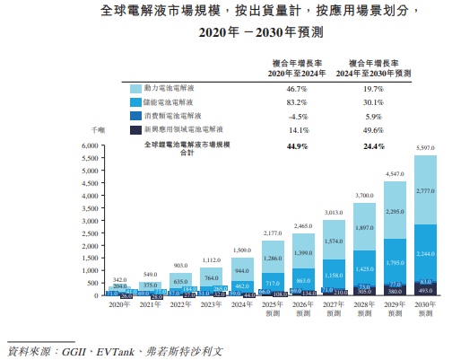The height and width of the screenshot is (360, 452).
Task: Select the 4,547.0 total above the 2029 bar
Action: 393,173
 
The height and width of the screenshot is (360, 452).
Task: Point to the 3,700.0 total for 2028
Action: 363,195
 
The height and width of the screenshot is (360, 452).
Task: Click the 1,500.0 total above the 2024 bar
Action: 242,250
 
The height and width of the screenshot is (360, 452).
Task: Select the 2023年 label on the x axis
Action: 212,305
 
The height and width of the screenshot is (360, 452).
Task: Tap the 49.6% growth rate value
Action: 373,129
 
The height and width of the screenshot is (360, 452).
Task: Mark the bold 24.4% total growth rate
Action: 373,145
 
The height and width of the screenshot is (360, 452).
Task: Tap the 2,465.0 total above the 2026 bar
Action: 302,227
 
